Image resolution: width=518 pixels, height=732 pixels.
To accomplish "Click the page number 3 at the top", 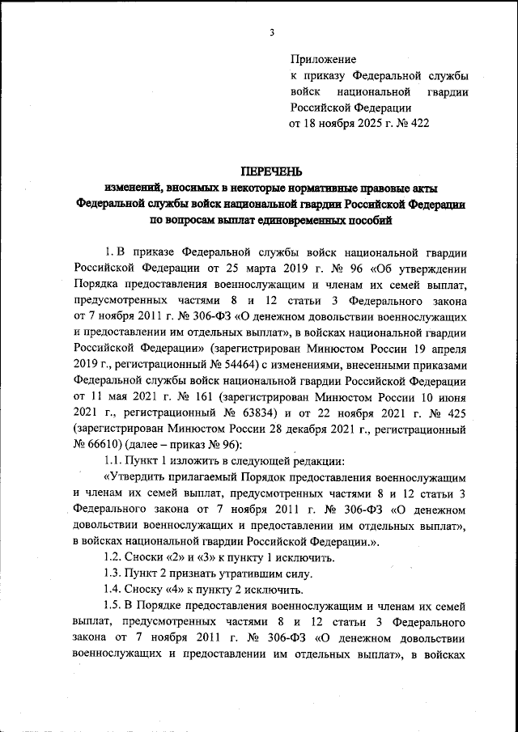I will [x=273, y=32].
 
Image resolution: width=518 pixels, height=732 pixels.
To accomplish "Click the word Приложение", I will [x=322, y=59].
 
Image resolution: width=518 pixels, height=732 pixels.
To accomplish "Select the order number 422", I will [x=418, y=124].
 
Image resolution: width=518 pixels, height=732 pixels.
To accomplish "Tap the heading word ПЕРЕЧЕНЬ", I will [x=270, y=171].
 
